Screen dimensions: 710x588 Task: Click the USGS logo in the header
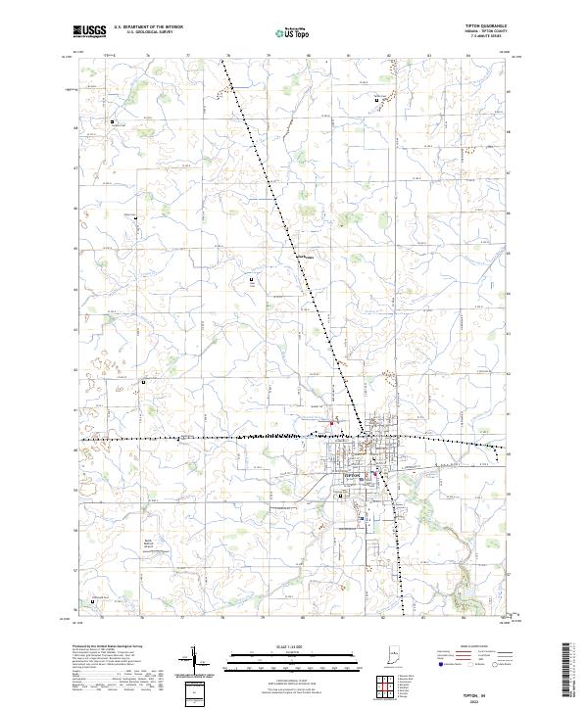tap(91, 31)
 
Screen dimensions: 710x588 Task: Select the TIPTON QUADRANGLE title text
tap(491, 26)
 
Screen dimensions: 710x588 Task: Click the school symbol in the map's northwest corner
tap(113, 121)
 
